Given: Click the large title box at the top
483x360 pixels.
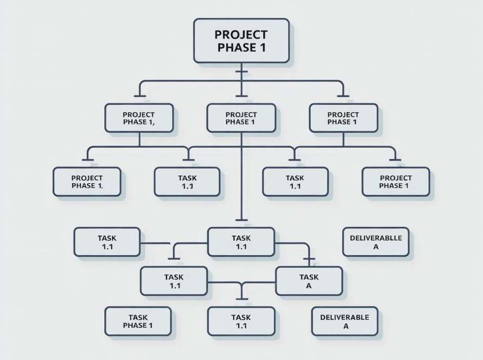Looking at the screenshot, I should (241, 41).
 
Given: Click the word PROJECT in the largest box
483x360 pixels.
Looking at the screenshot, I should (241, 34).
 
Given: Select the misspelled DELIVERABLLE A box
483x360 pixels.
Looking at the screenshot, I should (376, 242).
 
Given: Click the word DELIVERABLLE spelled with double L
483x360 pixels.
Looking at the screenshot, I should (376, 237).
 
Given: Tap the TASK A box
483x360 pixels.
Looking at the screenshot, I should (309, 281).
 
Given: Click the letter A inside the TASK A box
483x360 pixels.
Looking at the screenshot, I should (309, 286).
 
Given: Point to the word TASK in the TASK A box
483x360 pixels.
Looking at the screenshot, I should (309, 277).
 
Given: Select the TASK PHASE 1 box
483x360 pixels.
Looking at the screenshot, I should (138, 321).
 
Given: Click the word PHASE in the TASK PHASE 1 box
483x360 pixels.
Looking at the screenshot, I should (134, 325).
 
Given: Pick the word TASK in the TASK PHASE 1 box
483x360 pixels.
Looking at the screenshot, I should (138, 317).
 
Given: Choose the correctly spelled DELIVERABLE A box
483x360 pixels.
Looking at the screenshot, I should (345, 321).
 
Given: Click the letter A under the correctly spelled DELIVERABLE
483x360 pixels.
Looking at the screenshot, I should (345, 326).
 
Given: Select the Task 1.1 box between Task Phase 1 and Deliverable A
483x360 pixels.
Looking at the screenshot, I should (241, 321).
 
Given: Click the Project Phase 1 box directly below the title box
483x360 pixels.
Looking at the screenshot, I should (241, 118).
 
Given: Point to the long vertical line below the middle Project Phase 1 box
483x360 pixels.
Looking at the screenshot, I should (241, 179).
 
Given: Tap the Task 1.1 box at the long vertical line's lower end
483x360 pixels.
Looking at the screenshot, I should (241, 242).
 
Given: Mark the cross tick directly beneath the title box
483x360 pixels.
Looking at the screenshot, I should (241, 72).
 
